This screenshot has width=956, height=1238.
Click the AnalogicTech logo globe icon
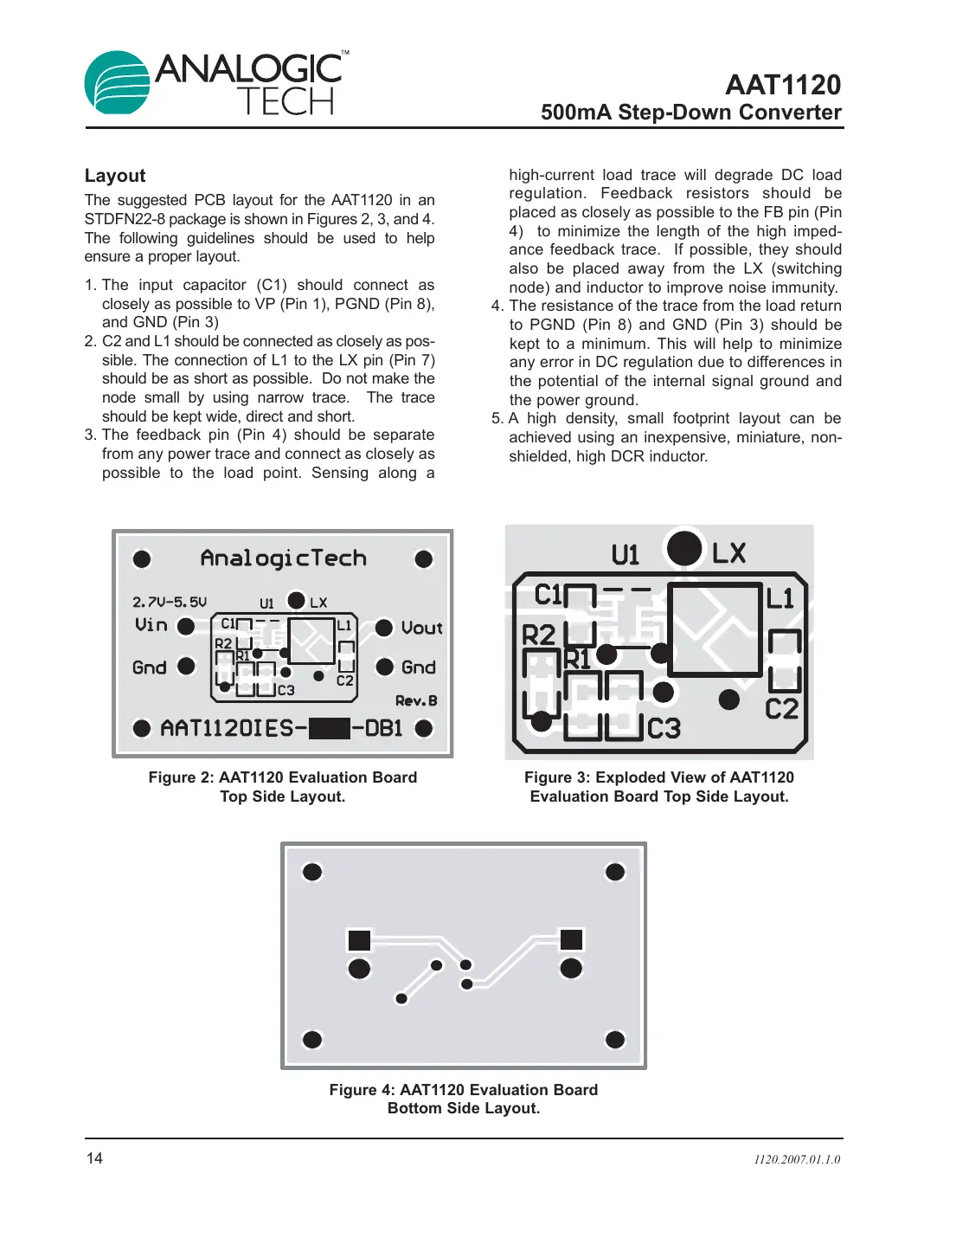[117, 83]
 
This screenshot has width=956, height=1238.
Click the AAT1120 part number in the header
[782, 85]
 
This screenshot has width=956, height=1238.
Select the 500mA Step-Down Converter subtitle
[690, 113]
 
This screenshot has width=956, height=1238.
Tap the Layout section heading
[115, 176]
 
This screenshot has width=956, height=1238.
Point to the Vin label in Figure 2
[151, 625]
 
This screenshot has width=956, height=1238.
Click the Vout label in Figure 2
[421, 628]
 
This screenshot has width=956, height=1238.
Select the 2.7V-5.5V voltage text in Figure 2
[170, 602]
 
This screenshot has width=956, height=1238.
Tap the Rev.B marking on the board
[416, 700]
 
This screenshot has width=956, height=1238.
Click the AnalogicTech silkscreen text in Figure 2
[283, 558]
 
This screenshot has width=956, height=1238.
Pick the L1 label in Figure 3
[780, 598]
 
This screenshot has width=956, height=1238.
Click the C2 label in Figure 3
[781, 709]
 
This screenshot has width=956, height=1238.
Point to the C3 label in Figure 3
[664, 728]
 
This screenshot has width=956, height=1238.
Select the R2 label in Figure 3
[538, 635]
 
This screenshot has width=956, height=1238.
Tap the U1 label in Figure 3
[625, 554]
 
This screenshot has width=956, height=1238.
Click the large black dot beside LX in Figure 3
[684, 548]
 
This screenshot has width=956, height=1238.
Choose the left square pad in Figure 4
[359, 940]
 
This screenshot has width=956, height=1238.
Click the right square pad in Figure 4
[571, 939]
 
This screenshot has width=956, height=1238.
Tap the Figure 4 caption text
[463, 1099]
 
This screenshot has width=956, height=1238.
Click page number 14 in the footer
[94, 1158]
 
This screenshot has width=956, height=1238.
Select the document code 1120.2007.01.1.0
[796, 1159]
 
